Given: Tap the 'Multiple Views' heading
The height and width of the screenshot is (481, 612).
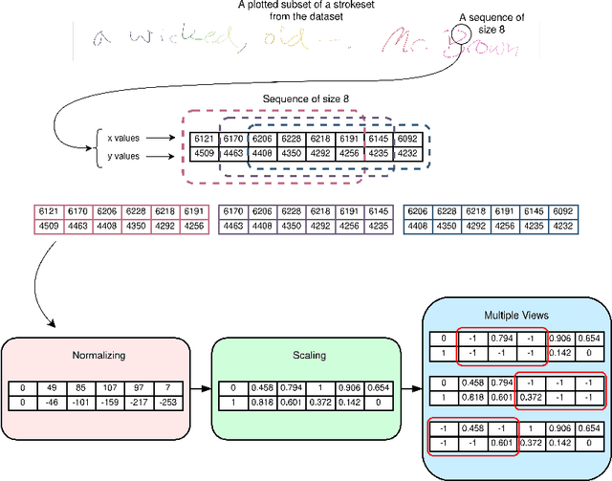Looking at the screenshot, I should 515,315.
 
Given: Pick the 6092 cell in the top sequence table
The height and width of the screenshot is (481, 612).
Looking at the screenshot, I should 407,139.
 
